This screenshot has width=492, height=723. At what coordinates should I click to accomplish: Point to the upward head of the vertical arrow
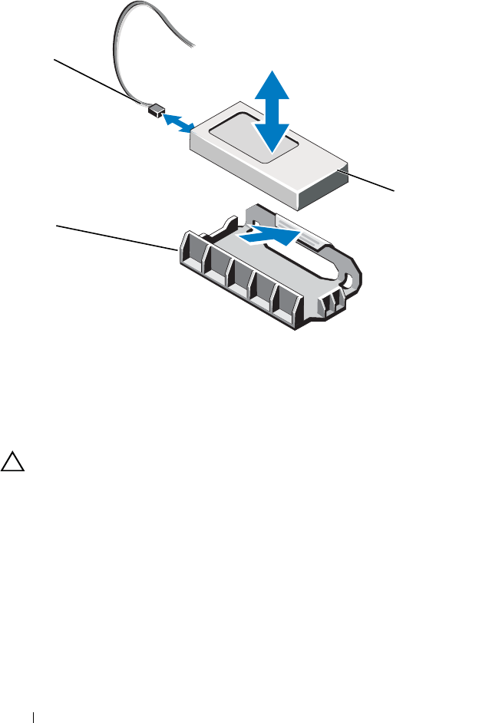[272, 82]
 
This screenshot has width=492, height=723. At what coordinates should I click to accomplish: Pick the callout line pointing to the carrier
[115, 237]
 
